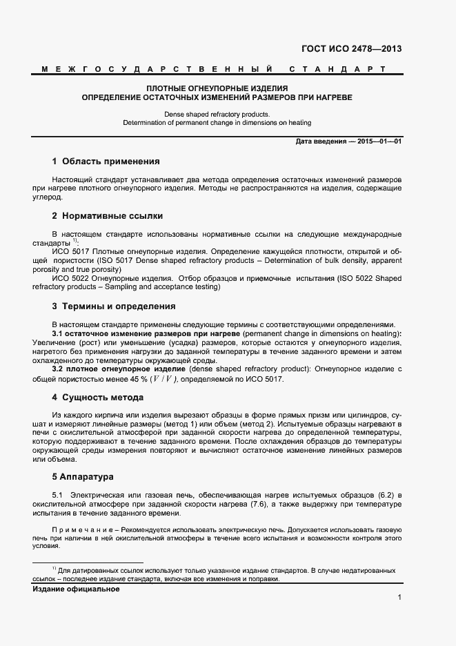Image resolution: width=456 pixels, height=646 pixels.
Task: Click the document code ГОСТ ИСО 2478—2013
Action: [351, 49]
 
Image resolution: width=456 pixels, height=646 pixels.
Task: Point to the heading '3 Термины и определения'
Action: [114, 306]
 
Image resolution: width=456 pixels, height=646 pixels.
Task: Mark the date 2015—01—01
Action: [378, 141]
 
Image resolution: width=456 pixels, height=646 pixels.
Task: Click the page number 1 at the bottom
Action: [399, 598]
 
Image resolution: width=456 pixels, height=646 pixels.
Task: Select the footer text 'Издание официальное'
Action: [76, 589]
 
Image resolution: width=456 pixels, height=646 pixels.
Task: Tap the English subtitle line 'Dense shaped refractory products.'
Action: [217, 114]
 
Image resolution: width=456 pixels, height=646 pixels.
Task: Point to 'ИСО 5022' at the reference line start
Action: [68, 277]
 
